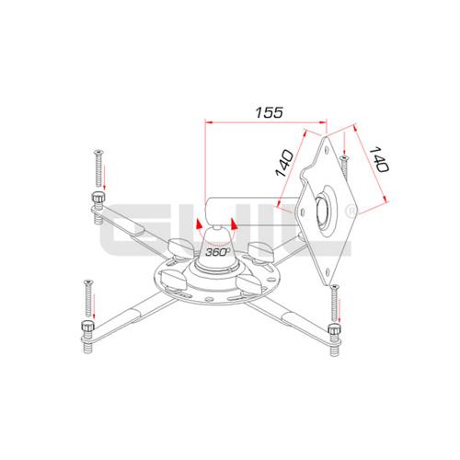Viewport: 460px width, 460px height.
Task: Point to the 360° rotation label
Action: (217, 250)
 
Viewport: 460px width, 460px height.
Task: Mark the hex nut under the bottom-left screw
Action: (86, 328)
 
